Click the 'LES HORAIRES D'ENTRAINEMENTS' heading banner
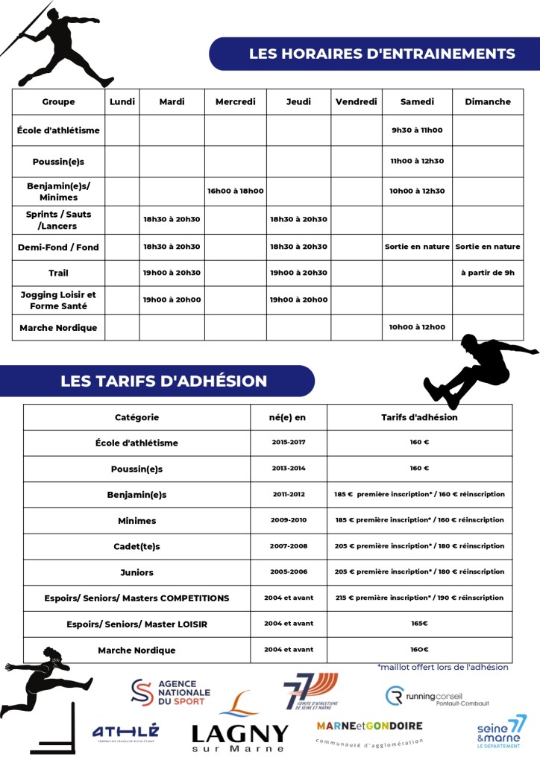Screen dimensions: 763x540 tap(381, 54)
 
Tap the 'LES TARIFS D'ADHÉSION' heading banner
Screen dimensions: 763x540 tap(163, 381)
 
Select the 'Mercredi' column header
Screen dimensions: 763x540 tap(235, 102)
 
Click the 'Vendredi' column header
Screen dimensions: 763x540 tap(357, 102)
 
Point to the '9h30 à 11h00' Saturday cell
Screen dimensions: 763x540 tap(417, 130)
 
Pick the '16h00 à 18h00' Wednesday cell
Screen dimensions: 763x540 tap(235, 191)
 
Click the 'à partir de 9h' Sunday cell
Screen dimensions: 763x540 tap(488, 273)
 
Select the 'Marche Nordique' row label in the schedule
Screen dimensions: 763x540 tap(58, 328)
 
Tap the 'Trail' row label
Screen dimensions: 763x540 tap(58, 273)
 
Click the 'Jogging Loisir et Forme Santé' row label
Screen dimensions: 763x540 tap(58, 300)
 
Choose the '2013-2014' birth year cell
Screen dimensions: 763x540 tap(288, 469)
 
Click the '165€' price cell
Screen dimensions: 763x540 tap(419, 624)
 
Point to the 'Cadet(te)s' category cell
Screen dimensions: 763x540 tap(136, 546)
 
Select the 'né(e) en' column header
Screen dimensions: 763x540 tap(288, 417)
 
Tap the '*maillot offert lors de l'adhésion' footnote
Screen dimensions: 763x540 tap(442, 667)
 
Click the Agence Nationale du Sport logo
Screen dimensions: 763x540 tap(171, 692)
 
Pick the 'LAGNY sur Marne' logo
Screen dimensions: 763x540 tap(239, 726)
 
